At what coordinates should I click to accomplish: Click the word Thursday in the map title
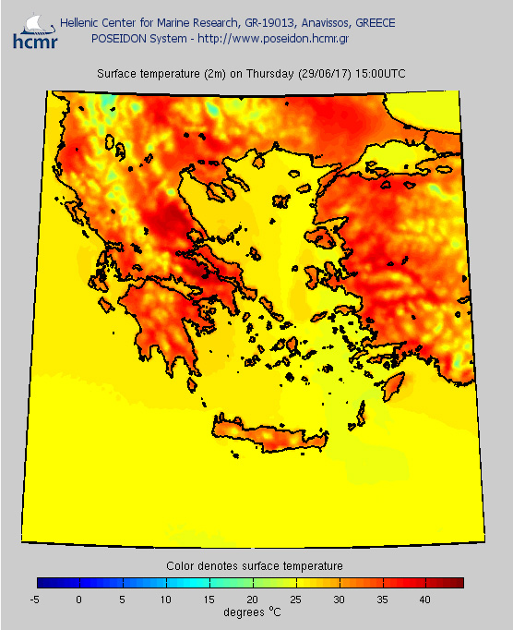[263, 74]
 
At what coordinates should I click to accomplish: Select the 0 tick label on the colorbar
[79, 600]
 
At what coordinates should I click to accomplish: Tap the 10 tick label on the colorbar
[166, 600]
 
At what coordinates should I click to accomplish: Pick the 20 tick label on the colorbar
[253, 600]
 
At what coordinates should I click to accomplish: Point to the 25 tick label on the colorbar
[296, 600]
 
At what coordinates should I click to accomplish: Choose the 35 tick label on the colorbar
[382, 600]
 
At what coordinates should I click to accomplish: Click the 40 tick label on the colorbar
[425, 600]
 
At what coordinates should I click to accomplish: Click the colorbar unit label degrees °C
[251, 612]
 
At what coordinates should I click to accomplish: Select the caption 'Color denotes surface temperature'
[254, 565]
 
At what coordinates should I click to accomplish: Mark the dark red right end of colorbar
[458, 583]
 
